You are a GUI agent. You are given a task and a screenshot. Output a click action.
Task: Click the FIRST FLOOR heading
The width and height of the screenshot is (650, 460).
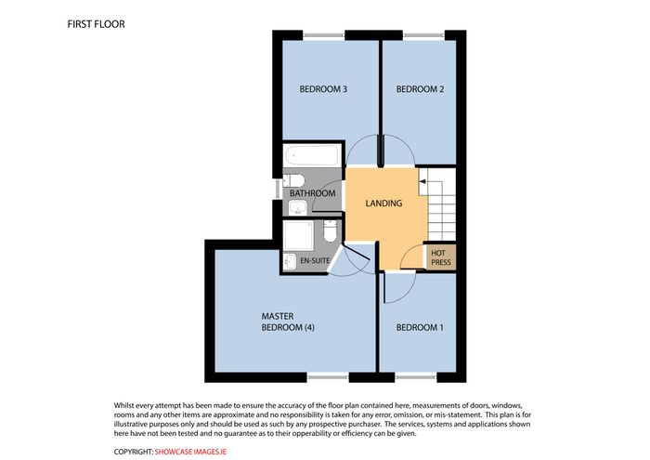(x=96, y=24)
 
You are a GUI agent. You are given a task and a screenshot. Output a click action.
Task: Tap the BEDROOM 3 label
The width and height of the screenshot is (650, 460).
(x=323, y=89)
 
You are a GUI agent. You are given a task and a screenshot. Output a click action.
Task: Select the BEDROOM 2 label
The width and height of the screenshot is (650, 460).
(x=420, y=89)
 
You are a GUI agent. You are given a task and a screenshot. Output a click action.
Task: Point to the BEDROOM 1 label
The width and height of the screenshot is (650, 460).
(x=420, y=328)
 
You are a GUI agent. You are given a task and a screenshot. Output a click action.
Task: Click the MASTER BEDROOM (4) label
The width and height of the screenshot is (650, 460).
(x=288, y=322)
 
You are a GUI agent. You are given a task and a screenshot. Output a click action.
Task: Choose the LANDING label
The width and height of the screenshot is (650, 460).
(x=383, y=204)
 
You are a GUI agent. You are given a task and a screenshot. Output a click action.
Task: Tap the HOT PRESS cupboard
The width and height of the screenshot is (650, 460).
(x=441, y=257)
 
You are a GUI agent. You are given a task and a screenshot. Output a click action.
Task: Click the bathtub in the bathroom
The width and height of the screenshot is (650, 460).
(x=312, y=155)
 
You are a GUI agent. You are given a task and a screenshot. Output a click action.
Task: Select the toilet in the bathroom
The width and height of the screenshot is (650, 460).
(x=294, y=181)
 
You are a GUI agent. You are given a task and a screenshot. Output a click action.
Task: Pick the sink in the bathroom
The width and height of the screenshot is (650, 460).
(x=297, y=207)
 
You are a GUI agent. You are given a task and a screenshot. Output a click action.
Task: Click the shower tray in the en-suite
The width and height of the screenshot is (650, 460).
(x=299, y=236)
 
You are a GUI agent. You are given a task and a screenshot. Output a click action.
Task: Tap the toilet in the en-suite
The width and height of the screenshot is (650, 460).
(x=330, y=231)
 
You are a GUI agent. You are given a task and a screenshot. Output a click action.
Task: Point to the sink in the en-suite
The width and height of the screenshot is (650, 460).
(x=290, y=262)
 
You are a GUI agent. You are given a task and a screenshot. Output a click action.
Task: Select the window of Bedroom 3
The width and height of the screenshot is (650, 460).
(x=324, y=36)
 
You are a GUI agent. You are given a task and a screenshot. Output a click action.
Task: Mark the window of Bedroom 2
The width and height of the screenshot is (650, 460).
(x=423, y=36)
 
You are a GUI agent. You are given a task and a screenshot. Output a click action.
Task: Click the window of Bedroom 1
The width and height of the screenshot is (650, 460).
(x=416, y=377)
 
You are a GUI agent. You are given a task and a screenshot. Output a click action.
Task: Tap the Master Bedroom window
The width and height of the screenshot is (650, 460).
(x=328, y=377)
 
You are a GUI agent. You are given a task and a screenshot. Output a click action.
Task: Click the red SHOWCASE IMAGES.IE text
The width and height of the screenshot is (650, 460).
(x=190, y=452)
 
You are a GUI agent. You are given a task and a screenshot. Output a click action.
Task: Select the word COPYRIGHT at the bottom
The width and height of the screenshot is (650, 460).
(x=134, y=452)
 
